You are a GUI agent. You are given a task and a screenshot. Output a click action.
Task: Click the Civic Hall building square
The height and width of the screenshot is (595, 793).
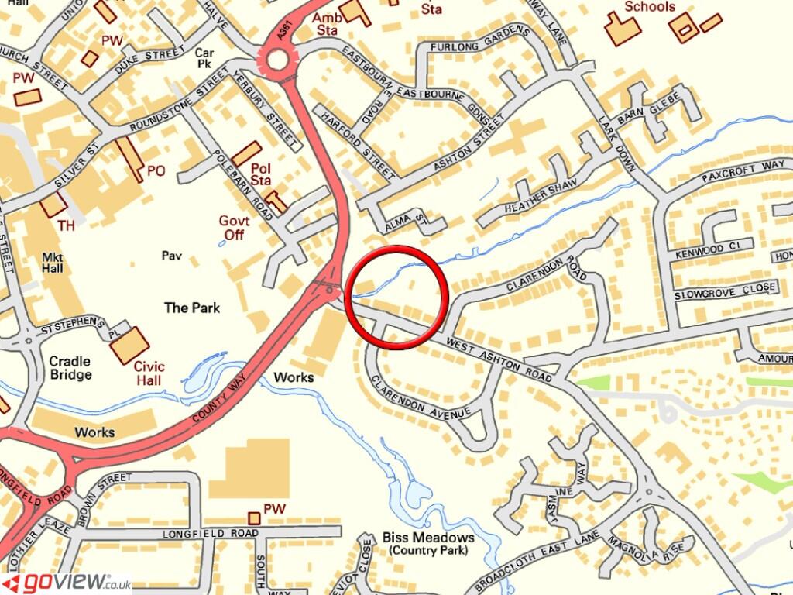click(x=129, y=345)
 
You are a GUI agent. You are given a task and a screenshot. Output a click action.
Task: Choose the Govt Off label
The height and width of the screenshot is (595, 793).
click(x=235, y=227)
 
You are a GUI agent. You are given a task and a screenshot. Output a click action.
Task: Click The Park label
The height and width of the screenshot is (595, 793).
click(x=191, y=308)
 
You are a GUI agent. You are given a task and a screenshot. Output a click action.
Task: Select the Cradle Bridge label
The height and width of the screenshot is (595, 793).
click(x=70, y=367)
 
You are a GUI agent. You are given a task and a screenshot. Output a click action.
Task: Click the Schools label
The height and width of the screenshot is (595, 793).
click(x=650, y=7)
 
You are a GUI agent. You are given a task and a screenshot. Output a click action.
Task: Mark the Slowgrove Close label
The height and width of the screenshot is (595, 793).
click(x=724, y=291)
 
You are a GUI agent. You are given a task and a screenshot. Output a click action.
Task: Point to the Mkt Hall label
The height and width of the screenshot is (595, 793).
click(x=52, y=262)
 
